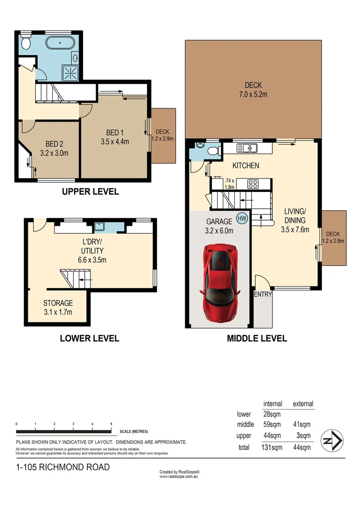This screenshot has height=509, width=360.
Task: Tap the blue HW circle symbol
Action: pos(242,218)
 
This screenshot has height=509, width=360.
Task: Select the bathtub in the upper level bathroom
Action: pos(59,43)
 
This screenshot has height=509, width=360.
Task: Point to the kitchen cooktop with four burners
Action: pos(253,184)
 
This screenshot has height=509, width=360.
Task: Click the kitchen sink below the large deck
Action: pos(247,149)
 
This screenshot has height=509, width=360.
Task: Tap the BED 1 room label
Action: pos(115,137)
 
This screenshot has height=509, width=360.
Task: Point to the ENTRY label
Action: pos(263,295)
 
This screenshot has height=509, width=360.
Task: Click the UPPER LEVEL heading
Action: pos(90,192)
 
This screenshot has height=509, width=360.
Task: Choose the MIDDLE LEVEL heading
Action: pos(257,338)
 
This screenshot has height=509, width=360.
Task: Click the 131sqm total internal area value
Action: pos(272,447)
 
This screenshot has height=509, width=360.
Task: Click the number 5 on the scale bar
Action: pos(111,424)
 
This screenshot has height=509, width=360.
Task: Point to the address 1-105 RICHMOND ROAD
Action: pos(63,467)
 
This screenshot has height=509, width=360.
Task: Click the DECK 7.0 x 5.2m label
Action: pos(253,90)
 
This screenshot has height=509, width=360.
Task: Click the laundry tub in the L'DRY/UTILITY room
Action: pos(99,225)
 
